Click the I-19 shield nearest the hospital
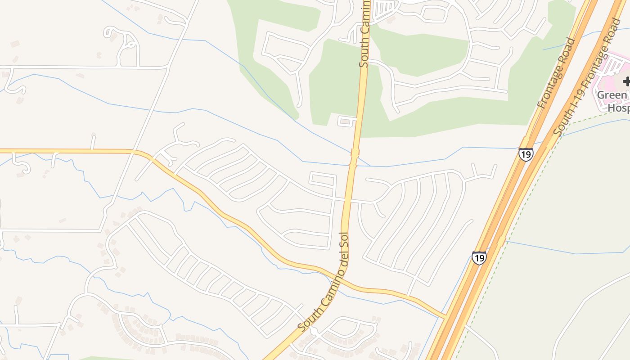pyautogui.click(x=526, y=154)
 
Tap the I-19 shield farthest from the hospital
pyautogui.click(x=479, y=257)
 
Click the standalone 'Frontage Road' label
pyautogui.click(x=556, y=73)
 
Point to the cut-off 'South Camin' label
pyautogui.click(x=365, y=34)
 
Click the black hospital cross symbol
pyautogui.click(x=626, y=81)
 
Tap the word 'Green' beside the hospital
pyautogui.click(x=612, y=95)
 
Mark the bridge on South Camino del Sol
pyautogui.click(x=354, y=158)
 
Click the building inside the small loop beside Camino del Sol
pyautogui.click(x=346, y=121)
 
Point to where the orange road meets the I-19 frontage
pyautogui.click(x=447, y=317)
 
